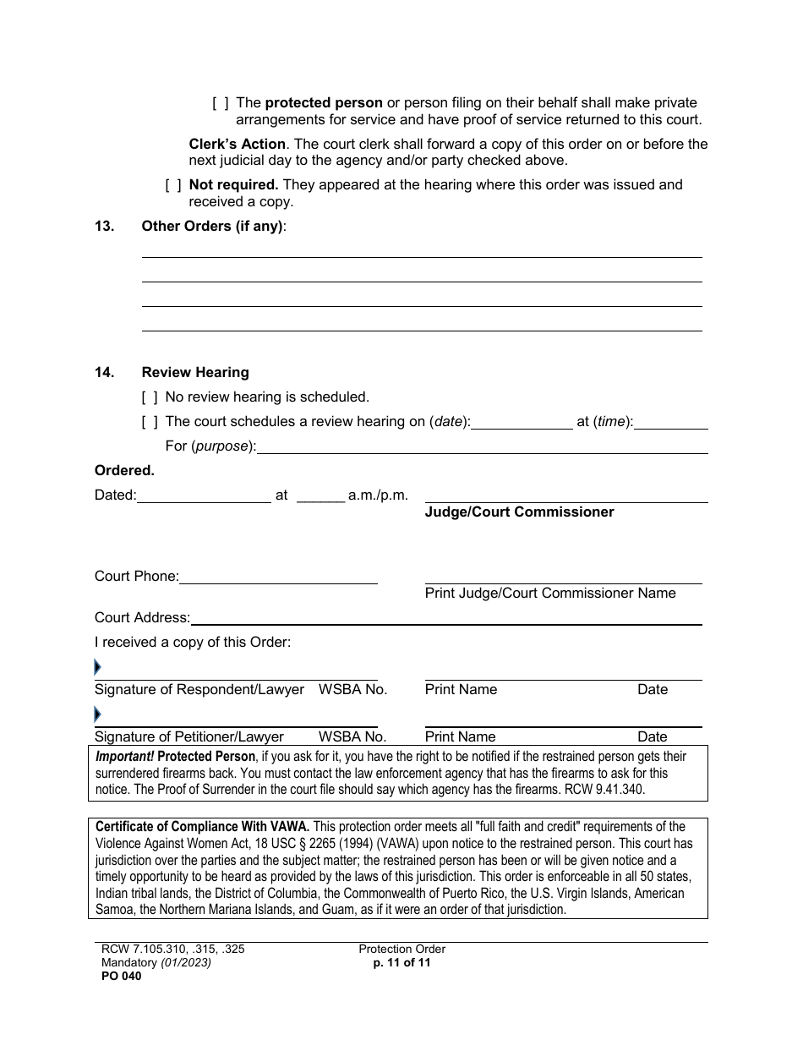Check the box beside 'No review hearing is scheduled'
(x=150, y=397)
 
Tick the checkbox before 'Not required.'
(x=173, y=184)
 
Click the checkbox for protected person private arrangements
(x=221, y=103)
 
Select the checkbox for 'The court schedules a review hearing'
(x=150, y=421)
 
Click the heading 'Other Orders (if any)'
(x=213, y=226)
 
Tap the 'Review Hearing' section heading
(x=195, y=372)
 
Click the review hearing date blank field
(x=522, y=422)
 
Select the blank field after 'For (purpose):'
(x=482, y=446)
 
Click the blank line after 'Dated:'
(x=204, y=496)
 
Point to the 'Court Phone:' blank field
(x=278, y=577)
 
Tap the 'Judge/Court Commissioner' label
(x=519, y=512)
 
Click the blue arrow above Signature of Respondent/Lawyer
(x=97, y=668)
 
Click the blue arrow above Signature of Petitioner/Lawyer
(x=97, y=715)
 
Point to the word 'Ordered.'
(x=124, y=471)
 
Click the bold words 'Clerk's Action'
(x=237, y=144)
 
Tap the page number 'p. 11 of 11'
(x=401, y=962)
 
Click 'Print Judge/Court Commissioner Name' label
(x=550, y=594)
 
